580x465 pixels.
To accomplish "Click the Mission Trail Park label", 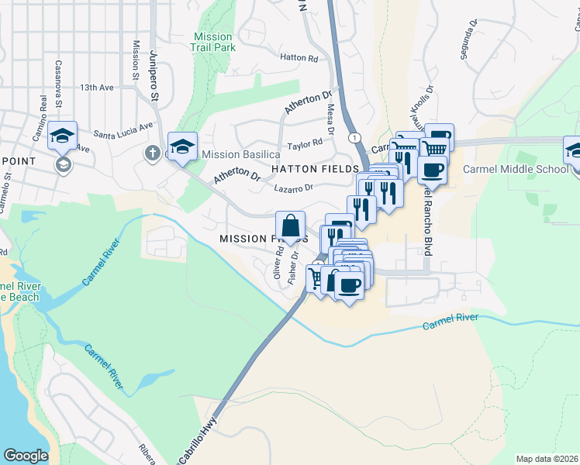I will click(212, 42).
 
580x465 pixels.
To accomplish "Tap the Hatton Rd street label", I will click(299, 58).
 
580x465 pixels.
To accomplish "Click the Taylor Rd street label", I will click(305, 144).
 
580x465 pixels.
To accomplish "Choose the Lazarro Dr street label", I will click(293, 188).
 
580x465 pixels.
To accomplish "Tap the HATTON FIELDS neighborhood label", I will click(314, 168).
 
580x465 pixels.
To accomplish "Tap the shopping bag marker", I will click(290, 227).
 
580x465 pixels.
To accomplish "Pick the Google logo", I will click(26, 456).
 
